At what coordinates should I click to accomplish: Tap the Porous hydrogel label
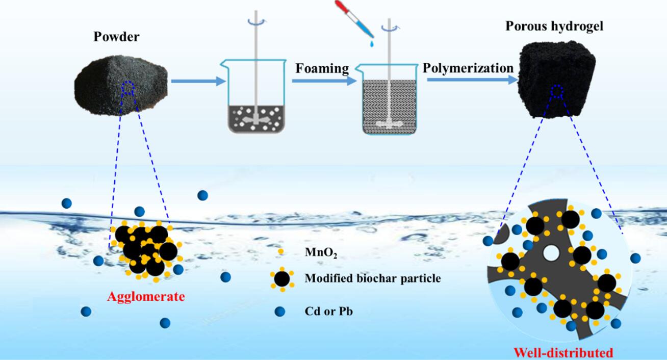pyautogui.click(x=554, y=25)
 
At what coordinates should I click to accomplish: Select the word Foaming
pyautogui.click(x=320, y=69)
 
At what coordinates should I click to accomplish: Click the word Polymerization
pyautogui.click(x=468, y=68)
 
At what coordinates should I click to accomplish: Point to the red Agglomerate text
pyautogui.click(x=146, y=296)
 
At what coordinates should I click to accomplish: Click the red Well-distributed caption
pyautogui.click(x=563, y=352)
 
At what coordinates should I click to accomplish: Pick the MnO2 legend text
pyautogui.click(x=321, y=253)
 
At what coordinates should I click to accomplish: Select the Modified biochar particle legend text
pyautogui.click(x=372, y=278)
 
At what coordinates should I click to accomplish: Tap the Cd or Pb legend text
pyautogui.click(x=328, y=311)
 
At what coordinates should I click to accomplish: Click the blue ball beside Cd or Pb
pyautogui.click(x=279, y=311)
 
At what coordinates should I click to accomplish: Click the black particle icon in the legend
pyautogui.click(x=281, y=279)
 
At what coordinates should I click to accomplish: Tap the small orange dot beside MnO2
pyautogui.click(x=279, y=250)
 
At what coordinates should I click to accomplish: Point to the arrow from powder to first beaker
pyautogui.click(x=197, y=81)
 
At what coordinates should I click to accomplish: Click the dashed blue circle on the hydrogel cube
pyautogui.click(x=557, y=91)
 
